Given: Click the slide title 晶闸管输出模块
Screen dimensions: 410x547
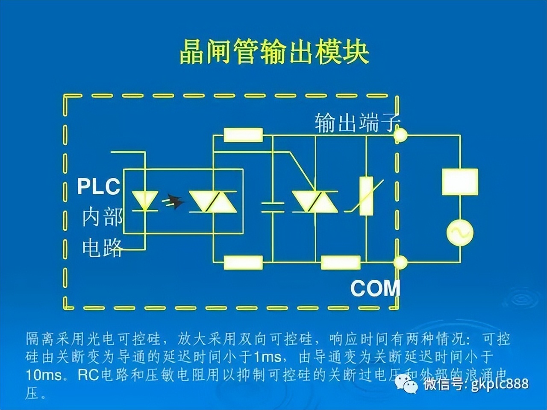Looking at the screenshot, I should [x=273, y=53].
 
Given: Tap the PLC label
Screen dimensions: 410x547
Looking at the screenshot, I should [x=98, y=187].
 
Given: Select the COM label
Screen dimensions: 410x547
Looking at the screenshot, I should [x=375, y=289].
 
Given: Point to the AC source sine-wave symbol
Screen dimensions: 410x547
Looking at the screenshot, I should [x=460, y=233].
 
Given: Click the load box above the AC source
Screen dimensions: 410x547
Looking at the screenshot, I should [x=460, y=182].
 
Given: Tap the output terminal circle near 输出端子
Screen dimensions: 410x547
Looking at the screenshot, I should [x=400, y=135].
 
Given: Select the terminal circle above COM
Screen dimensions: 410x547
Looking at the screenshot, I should [x=400, y=262].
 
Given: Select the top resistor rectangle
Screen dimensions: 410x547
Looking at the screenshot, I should [x=243, y=135].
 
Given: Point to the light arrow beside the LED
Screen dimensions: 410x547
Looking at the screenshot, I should [x=173, y=200].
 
